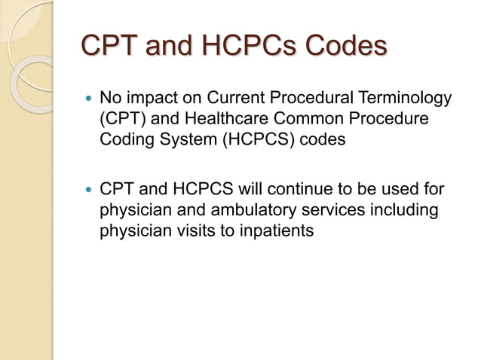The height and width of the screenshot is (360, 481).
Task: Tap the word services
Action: coord(325,209)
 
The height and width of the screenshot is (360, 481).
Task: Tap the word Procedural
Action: coord(315,98)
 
